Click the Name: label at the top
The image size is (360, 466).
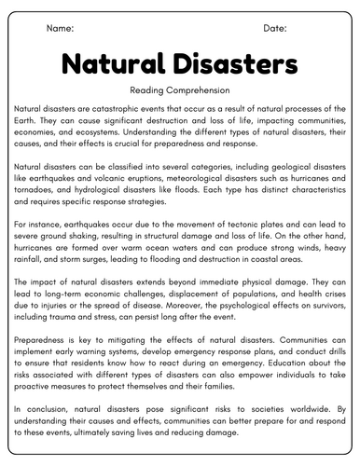60,29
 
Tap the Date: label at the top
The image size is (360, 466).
275,29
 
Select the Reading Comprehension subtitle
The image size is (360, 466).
180,91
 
